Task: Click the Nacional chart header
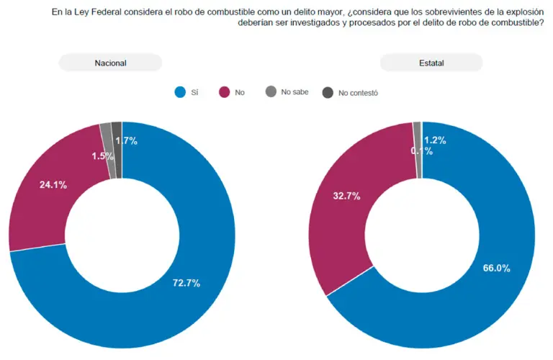(x=110, y=63)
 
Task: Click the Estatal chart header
(x=431, y=63)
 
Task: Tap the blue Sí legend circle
(x=181, y=92)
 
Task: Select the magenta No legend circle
(x=224, y=92)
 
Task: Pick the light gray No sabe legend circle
(x=271, y=92)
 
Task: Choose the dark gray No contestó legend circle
(x=328, y=92)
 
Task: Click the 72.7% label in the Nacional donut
(x=186, y=283)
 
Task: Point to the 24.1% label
(x=53, y=185)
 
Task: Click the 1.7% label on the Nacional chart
(x=127, y=141)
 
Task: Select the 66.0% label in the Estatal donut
(x=496, y=269)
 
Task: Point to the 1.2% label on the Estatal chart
(x=436, y=140)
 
